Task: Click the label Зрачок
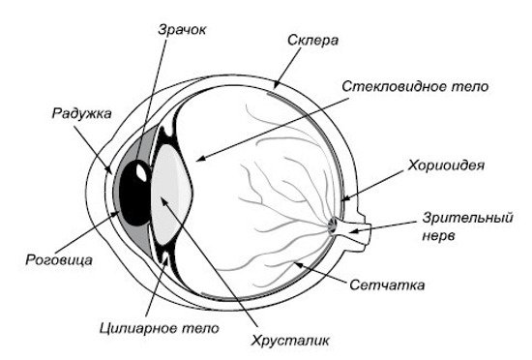tap(183, 30)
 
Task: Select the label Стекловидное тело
tap(416, 86)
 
